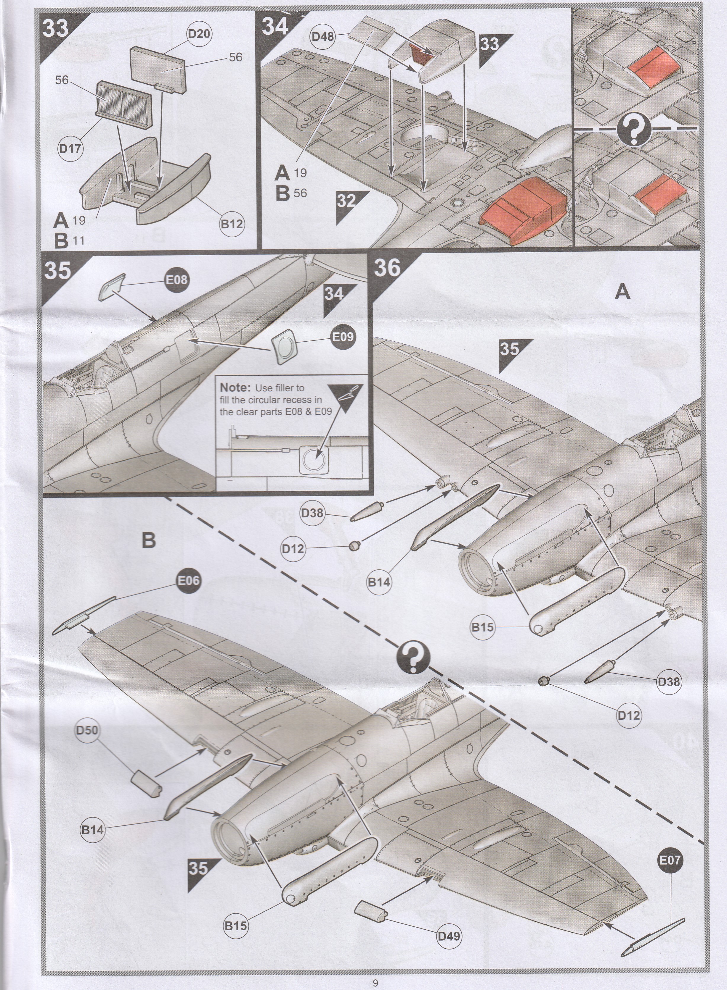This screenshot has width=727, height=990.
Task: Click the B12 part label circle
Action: pos(232,224)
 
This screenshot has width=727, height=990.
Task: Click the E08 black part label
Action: pos(176,279)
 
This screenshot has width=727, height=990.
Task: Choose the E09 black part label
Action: pos(342,337)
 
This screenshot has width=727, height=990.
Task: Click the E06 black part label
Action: pos(188,581)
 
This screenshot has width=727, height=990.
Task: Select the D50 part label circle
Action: pos(87,730)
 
